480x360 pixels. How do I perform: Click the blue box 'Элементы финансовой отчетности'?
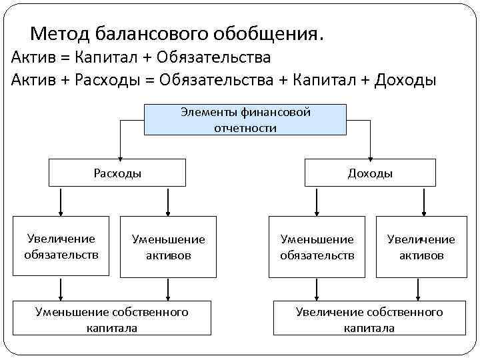click(245, 120)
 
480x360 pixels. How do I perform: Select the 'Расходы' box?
click(117, 173)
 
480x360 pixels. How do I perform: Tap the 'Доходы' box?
click(370, 173)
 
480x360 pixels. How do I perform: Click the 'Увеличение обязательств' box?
click(61, 246)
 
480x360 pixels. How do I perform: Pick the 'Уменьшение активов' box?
click(168, 247)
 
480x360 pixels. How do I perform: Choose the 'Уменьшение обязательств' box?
click(317, 247)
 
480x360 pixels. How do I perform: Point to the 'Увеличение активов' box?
click(421, 247)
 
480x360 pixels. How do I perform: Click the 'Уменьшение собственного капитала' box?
click(112, 319)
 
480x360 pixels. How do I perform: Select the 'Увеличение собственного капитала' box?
click(369, 319)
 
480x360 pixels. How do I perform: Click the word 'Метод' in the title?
click(59, 33)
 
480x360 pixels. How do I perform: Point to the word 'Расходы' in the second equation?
click(104, 81)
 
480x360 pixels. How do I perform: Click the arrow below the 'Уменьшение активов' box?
click(167, 289)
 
